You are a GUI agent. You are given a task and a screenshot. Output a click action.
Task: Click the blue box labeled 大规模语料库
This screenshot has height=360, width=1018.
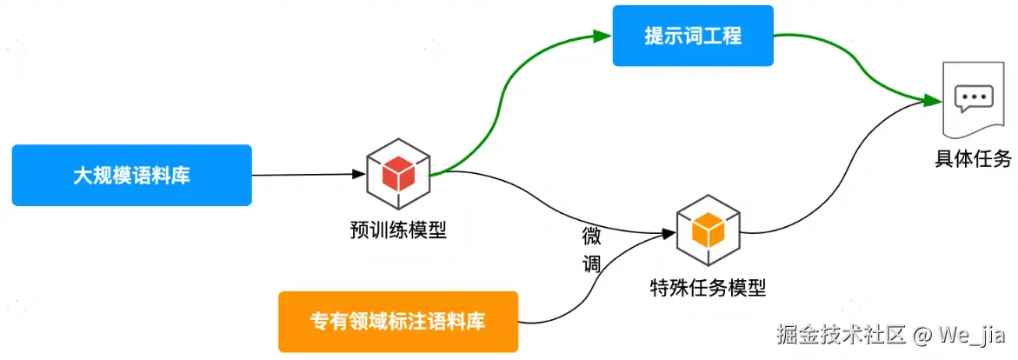coord(131,175)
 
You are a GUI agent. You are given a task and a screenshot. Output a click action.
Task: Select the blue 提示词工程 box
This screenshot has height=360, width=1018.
coord(692,36)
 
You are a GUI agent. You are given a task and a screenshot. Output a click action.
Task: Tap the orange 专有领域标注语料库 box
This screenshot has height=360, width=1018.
coord(397,321)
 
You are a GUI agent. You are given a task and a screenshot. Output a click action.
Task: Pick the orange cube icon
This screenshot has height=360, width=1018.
coord(708,230)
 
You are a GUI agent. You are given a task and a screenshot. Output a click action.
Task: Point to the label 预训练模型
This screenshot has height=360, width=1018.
coord(397,230)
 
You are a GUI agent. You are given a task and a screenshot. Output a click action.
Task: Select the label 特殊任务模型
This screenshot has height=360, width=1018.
coord(708,287)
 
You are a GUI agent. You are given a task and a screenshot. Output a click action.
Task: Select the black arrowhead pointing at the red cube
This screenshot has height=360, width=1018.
coord(357,174)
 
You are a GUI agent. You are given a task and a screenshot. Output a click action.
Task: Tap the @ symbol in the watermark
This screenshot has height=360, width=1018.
coord(922,334)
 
